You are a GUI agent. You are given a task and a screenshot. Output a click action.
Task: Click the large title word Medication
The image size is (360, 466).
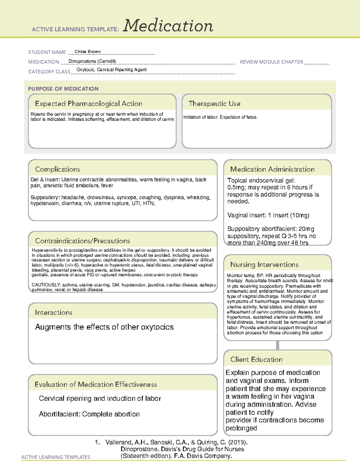tap(168, 26)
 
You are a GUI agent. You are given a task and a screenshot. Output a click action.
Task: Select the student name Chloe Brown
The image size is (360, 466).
tap(88, 52)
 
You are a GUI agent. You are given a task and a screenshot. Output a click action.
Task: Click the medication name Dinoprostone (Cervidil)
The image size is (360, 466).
tap(92, 61)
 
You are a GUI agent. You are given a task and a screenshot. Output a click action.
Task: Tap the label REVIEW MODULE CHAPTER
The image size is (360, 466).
tap(271, 62)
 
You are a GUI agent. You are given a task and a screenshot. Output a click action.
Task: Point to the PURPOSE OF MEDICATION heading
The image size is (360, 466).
tap(63, 89)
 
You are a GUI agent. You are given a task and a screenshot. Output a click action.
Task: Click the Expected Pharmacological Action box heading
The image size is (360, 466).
tap(88, 104)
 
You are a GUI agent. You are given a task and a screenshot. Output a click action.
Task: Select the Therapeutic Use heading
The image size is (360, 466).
tap(214, 104)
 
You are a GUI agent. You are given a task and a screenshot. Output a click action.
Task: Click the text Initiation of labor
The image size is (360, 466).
tap(200, 117)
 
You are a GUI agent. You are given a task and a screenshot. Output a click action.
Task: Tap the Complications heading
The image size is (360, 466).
tap(57, 169)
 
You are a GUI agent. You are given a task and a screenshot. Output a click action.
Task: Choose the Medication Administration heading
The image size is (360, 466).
tap(272, 169)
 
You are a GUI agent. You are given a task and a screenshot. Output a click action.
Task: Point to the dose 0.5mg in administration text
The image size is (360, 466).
tap(236, 188)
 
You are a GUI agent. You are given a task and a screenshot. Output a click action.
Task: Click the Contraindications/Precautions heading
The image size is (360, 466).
tap(82, 241)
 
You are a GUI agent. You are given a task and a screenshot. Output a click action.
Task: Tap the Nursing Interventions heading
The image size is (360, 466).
tap(264, 265)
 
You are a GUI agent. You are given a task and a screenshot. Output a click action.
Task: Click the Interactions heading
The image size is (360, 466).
tap(53, 313)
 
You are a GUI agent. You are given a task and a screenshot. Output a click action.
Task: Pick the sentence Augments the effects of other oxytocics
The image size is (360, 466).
tap(104, 327)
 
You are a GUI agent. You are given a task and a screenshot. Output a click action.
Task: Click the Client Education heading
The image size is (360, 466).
tap(256, 359)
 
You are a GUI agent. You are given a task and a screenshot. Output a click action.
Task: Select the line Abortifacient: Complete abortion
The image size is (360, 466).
tap(89, 414)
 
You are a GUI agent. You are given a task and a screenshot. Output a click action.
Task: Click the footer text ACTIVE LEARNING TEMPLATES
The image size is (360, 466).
tap(56, 457)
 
